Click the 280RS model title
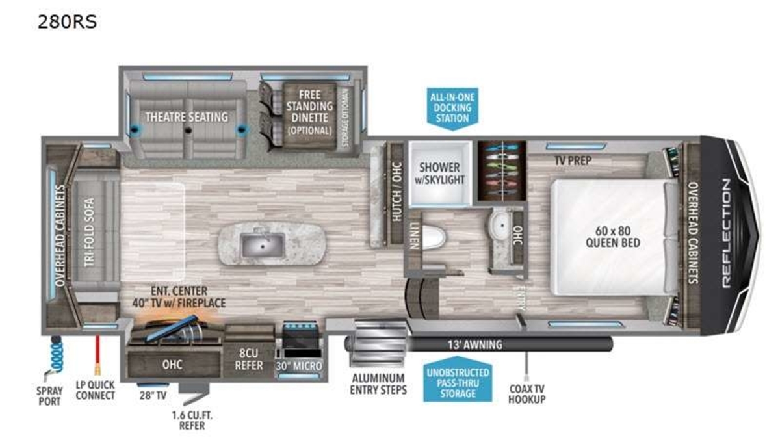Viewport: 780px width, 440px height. tap(67, 21)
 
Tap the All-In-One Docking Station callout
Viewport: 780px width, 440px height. tap(452, 109)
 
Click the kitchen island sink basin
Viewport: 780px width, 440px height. tap(263, 246)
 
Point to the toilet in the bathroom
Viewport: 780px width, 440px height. tap(433, 237)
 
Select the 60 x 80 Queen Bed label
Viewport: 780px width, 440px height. tap(613, 237)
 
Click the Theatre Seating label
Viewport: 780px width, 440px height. tap(187, 117)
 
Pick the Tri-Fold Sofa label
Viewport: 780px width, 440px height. tap(90, 232)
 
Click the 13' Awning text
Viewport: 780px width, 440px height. tap(475, 344)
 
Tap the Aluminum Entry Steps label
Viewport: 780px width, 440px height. tap(378, 384)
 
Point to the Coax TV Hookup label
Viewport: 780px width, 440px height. tap(527, 394)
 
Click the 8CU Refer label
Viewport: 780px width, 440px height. tap(248, 359)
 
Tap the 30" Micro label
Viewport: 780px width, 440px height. tap(299, 366)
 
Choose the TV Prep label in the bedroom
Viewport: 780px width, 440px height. tap(573, 161)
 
